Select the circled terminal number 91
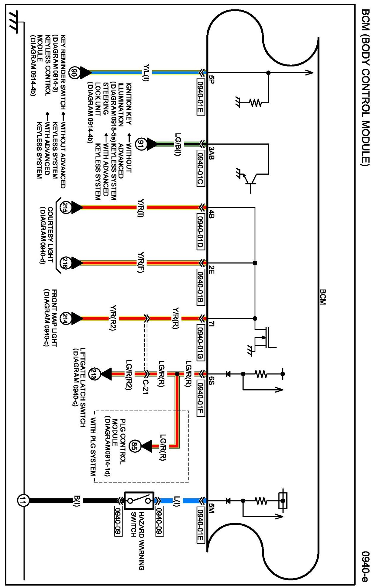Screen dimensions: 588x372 pyautogui.click(x=140, y=144)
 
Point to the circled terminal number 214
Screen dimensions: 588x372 pyautogui.click(x=65, y=318)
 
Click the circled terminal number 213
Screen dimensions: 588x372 pyautogui.click(x=95, y=374)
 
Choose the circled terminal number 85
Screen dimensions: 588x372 pyautogui.click(x=134, y=446)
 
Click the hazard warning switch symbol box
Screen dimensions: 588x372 pyautogui.click(x=139, y=501)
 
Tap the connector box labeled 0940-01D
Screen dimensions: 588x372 pyautogui.click(x=201, y=231)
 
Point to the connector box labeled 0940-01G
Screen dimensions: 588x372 pyautogui.click(x=201, y=342)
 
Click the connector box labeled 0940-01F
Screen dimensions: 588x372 pyautogui.click(x=201, y=398)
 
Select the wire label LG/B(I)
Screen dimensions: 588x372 pyautogui.click(x=178, y=144)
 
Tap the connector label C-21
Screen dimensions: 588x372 pyautogui.click(x=145, y=387)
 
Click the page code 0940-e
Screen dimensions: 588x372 pyautogui.click(x=365, y=566)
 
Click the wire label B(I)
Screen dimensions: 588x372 pyautogui.click(x=77, y=501)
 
